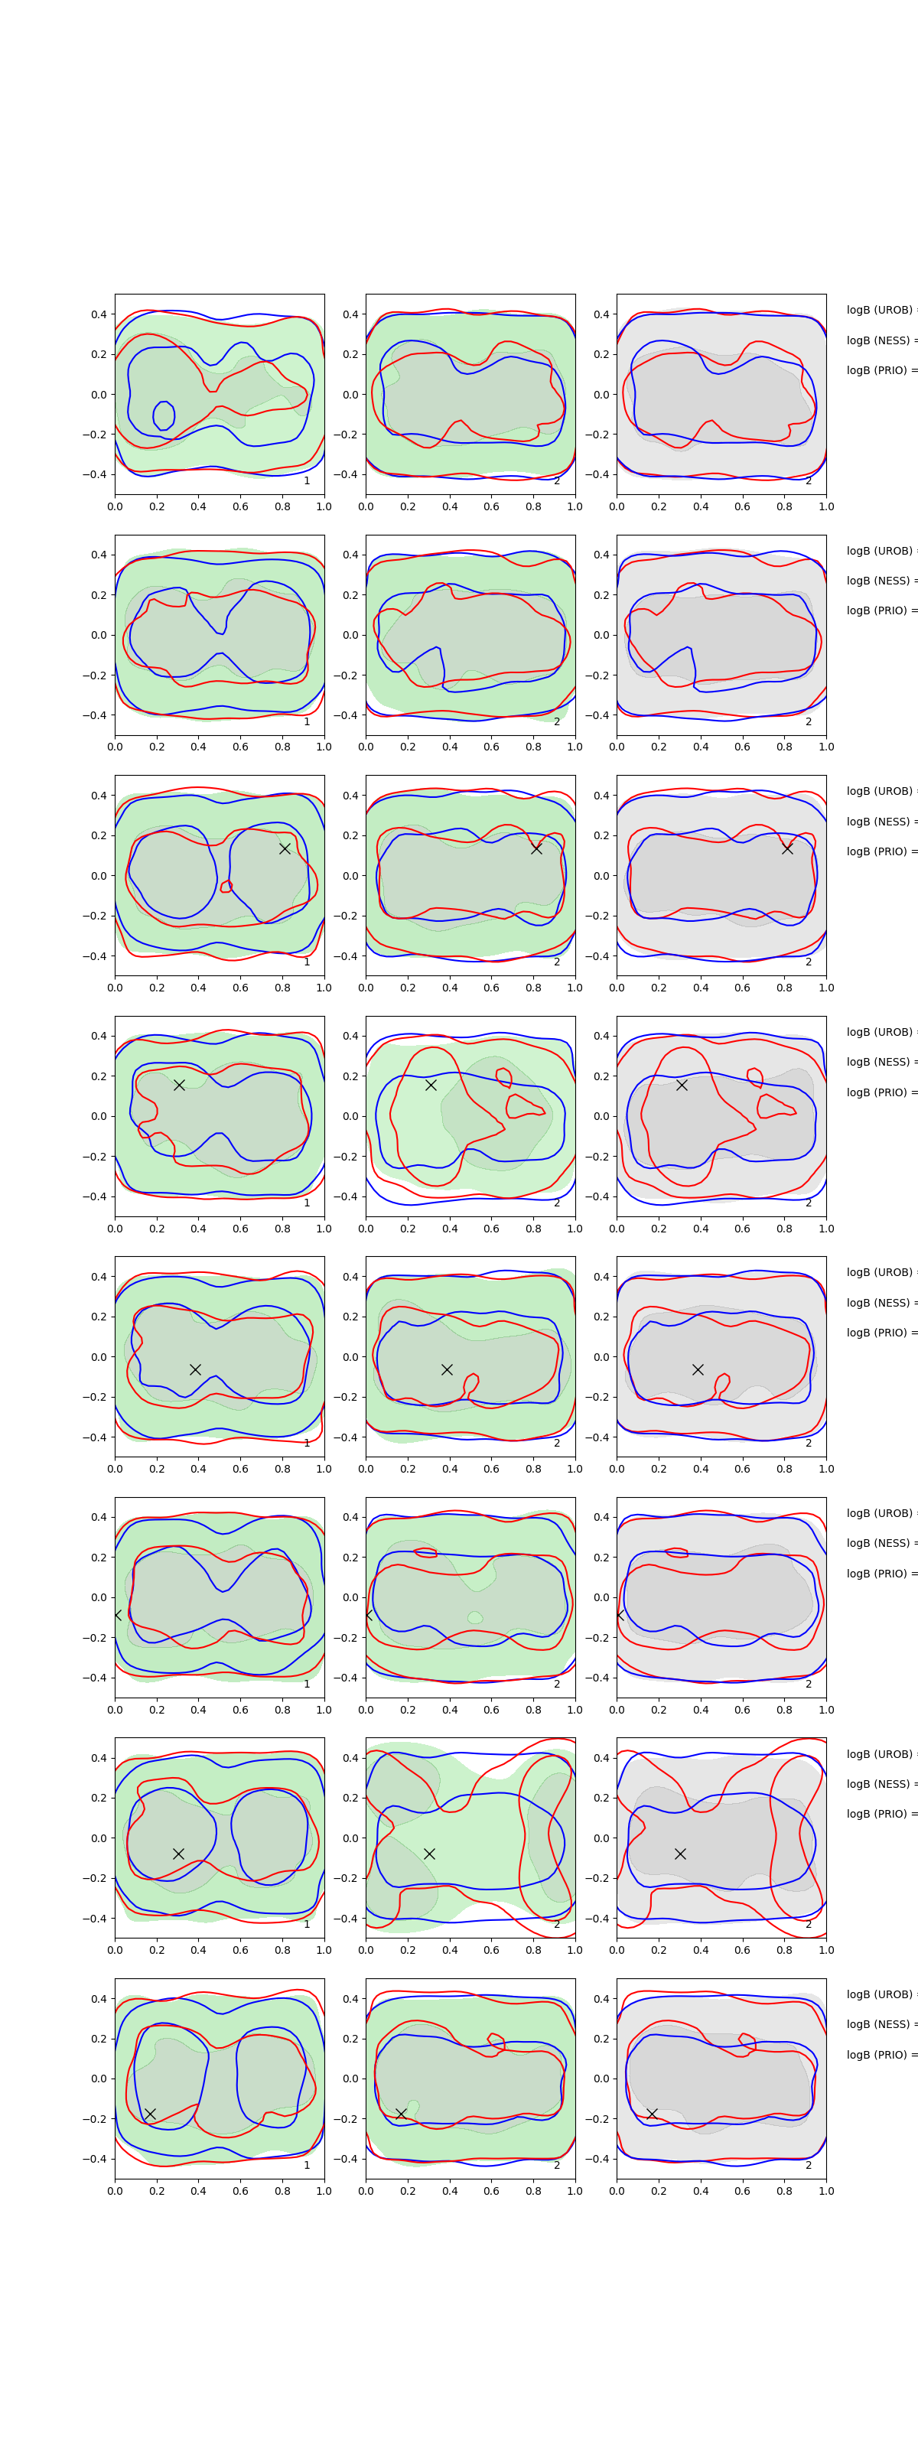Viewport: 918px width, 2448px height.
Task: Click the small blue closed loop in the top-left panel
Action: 164,415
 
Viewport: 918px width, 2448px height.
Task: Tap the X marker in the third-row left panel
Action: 284,848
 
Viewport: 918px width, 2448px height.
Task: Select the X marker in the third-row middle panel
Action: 536,848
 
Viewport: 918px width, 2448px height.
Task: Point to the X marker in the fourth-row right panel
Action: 682,1084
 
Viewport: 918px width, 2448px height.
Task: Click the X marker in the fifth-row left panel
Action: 195,1369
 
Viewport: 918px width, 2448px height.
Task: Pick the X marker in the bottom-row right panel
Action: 652,2114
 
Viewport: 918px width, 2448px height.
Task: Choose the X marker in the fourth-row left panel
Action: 179,1084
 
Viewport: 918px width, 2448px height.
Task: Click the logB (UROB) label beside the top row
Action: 880,310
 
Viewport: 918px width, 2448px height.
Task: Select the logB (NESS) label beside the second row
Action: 880,581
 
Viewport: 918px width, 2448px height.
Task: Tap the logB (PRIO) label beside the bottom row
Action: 880,2055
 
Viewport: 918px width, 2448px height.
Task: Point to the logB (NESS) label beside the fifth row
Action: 880,1303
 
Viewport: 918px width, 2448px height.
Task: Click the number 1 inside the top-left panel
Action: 306,481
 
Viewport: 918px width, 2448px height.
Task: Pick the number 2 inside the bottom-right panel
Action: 809,2165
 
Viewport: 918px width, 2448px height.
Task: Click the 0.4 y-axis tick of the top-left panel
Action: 99,314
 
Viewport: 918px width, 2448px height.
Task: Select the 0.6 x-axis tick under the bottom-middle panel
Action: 491,2190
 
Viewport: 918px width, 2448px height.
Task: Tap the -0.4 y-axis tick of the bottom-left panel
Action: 96,2159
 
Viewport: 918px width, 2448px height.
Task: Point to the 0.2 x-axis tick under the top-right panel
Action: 659,506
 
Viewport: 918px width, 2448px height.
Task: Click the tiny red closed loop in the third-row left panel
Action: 226,887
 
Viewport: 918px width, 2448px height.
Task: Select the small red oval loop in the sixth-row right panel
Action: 675,1553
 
